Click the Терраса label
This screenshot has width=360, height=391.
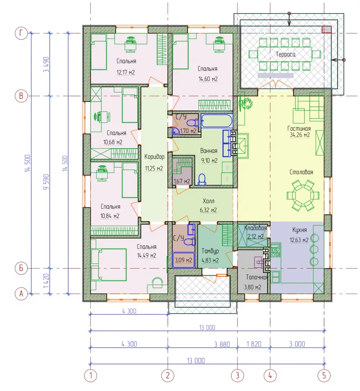(x=285, y=54)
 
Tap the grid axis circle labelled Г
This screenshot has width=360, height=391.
(x=21, y=33)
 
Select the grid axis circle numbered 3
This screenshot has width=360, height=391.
(x=237, y=375)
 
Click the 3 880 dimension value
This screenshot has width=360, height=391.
(x=222, y=345)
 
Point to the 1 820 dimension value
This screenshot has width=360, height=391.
(x=254, y=344)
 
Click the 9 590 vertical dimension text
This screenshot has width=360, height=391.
(x=46, y=182)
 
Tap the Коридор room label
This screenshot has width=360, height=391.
(x=154, y=157)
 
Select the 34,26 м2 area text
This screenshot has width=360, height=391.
(x=300, y=135)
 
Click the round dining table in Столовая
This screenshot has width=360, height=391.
(x=303, y=195)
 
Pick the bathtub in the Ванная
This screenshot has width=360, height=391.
(x=216, y=121)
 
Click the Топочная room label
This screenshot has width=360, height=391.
(x=257, y=277)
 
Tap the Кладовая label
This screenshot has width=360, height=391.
(x=255, y=228)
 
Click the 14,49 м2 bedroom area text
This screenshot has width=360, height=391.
(x=147, y=256)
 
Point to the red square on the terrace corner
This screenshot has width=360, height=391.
(x=327, y=30)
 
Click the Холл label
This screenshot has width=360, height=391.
(x=208, y=201)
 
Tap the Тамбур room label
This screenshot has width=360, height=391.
(x=210, y=251)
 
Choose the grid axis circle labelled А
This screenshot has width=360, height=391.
(x=21, y=294)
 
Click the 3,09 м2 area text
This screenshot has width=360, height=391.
(x=183, y=260)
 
